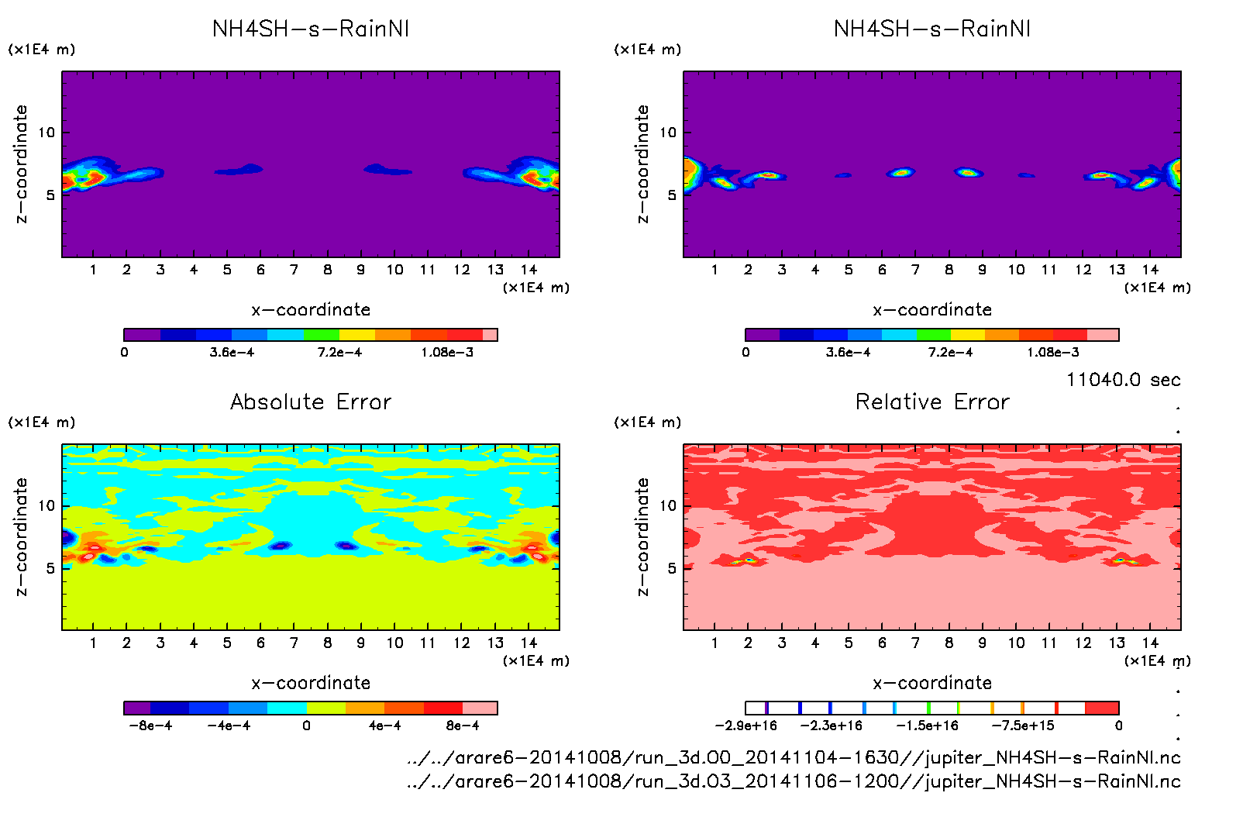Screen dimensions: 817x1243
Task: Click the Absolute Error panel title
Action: pyautogui.click(x=311, y=402)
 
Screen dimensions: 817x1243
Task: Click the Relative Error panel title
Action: pyautogui.click(x=932, y=402)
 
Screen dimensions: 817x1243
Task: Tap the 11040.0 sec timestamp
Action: pyautogui.click(x=1123, y=380)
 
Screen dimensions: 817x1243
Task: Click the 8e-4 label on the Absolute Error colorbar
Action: pyautogui.click(x=463, y=726)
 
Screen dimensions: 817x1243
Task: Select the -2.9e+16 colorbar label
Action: pyautogui.click(x=745, y=726)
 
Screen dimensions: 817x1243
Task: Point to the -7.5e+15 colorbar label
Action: pyautogui.click(x=1023, y=726)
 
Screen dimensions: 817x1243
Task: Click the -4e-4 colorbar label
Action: pyautogui.click(x=229, y=726)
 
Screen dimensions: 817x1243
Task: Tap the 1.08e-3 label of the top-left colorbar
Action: pyautogui.click(x=447, y=352)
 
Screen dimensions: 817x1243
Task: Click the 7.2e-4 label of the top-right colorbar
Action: pyautogui.click(x=950, y=352)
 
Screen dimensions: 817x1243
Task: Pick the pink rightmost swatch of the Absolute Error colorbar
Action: pyautogui.click(x=480, y=708)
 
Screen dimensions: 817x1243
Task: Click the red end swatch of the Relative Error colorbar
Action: pyautogui.click(x=1102, y=708)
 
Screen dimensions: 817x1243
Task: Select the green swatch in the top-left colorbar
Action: pyautogui.click(x=322, y=335)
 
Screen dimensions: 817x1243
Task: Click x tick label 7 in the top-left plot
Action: pyautogui.click(x=294, y=270)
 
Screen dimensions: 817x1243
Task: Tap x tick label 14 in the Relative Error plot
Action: pyautogui.click(x=1150, y=643)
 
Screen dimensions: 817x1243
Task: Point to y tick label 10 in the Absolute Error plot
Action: pyautogui.click(x=47, y=505)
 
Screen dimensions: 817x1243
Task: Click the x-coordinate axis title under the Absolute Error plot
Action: pyautogui.click(x=311, y=683)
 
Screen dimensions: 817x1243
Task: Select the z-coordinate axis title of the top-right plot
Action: pyautogui.click(x=642, y=164)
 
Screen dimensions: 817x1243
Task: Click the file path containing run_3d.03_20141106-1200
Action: pyautogui.click(x=794, y=781)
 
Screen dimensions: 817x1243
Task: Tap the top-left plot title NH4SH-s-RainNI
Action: pyautogui.click(x=311, y=29)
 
